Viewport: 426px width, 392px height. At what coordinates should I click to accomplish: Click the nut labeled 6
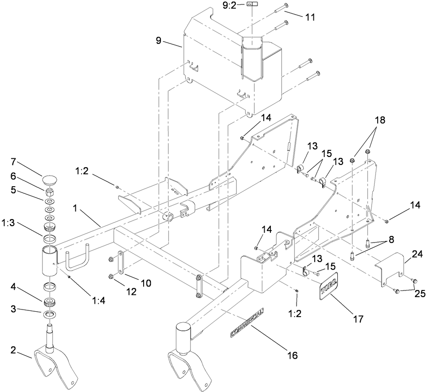(x=50, y=193)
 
